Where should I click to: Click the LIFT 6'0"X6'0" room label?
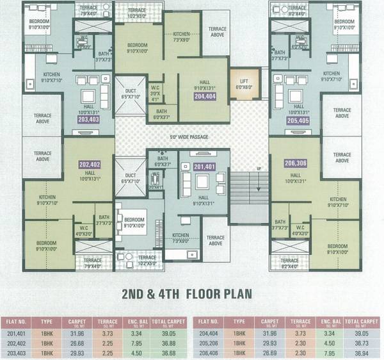coord(243,84)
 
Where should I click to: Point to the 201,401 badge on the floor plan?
coord(204,167)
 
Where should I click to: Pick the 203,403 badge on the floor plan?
coord(88,119)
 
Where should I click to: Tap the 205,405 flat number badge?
coord(298,119)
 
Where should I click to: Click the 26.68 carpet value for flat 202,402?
coord(76,342)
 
